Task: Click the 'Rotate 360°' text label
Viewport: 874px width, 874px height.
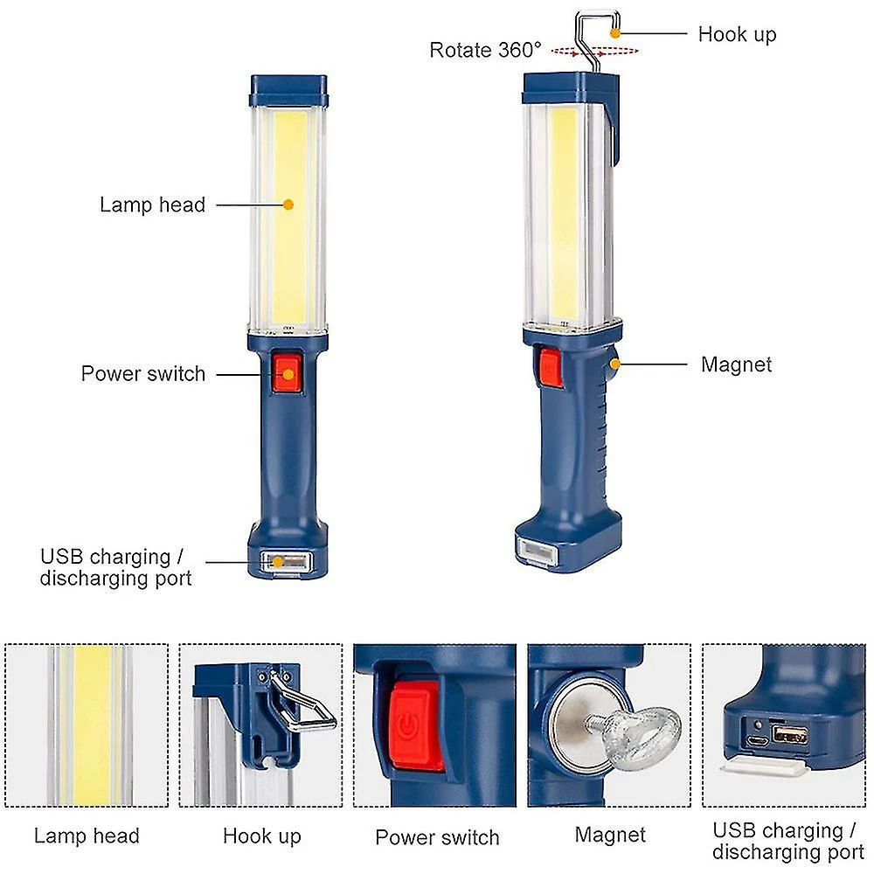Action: coord(485,50)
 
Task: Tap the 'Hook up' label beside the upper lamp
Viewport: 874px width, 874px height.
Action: coord(737,35)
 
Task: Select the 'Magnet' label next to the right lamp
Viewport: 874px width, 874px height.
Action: coord(736,364)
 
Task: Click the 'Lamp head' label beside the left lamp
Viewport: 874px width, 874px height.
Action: coord(152,205)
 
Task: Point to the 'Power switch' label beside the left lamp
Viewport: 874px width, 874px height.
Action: coord(143,373)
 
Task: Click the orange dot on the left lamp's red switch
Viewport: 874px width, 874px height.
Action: coord(288,374)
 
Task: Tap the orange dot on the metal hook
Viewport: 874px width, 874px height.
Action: coord(615,33)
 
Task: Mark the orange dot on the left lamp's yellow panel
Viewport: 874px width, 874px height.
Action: coord(288,205)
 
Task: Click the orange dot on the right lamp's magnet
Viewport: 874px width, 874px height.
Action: coord(615,364)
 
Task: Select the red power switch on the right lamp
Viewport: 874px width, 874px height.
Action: coord(550,367)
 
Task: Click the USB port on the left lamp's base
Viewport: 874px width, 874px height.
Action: coord(285,561)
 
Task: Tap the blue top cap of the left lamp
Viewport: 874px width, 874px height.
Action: coord(288,90)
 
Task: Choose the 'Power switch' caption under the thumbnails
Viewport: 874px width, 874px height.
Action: coord(437,837)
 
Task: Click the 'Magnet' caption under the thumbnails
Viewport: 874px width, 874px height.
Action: coord(610,835)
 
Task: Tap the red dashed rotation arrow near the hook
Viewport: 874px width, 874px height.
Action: coord(594,52)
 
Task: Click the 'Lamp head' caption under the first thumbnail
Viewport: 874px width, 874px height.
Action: coord(87,836)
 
